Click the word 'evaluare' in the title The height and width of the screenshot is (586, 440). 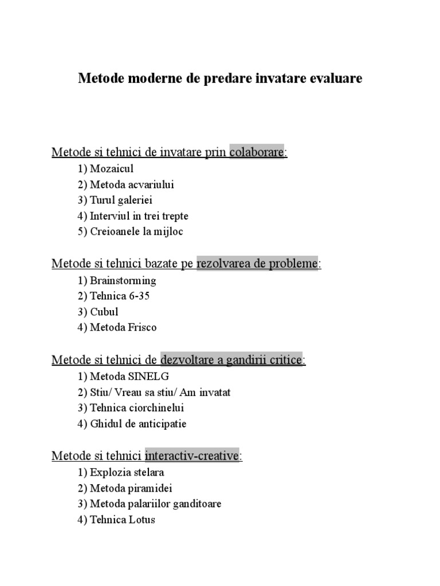coord(336,78)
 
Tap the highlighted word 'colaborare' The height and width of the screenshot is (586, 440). coord(257,152)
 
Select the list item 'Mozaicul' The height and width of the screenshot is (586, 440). coord(111,169)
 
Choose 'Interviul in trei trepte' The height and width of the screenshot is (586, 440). coord(139,216)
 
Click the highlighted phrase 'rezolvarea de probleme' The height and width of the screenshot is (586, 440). coord(257,264)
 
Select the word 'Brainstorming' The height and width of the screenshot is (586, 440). coord(123,281)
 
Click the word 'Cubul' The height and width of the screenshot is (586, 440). coord(104,312)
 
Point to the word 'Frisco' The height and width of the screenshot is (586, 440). coord(143,328)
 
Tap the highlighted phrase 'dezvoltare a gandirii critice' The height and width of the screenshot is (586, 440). coord(231,361)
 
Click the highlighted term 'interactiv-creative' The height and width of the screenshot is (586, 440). coord(192,456)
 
